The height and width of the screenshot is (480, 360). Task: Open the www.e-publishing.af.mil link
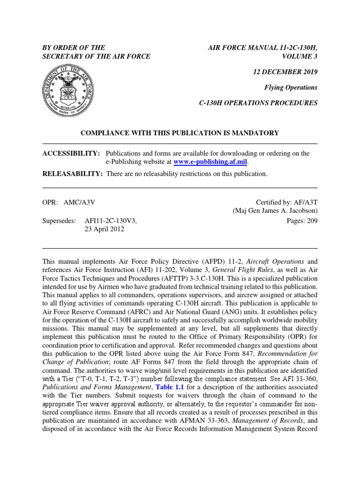[x=210, y=162]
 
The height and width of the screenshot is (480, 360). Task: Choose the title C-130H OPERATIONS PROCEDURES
[x=259, y=103]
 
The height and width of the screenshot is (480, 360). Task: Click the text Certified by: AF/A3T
[x=287, y=202]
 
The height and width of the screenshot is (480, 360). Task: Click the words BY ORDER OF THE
[x=74, y=47]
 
